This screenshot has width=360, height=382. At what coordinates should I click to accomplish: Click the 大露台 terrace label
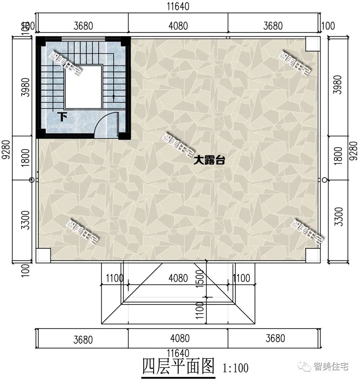[210, 161]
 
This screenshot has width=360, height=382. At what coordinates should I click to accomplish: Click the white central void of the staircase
[83, 86]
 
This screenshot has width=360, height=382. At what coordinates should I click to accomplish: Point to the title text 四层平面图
[178, 366]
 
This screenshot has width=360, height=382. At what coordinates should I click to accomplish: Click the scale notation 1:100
[236, 368]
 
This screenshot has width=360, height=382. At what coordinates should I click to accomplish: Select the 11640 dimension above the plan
[178, 7]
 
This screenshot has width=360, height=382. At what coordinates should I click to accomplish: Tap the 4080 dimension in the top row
[178, 26]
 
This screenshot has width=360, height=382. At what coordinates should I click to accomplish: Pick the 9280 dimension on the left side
[5, 151]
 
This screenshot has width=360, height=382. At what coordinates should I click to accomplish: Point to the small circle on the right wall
[324, 180]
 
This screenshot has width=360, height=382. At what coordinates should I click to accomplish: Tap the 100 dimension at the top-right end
[327, 26]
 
